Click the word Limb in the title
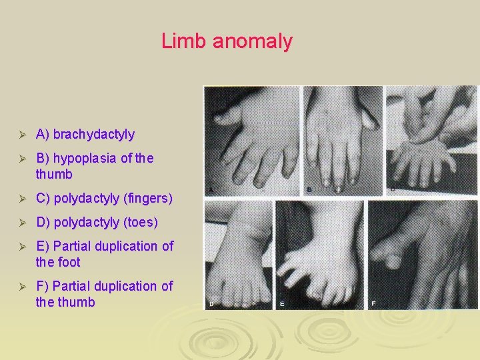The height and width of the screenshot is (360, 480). [x=184, y=41]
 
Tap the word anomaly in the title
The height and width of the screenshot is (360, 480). [x=252, y=42]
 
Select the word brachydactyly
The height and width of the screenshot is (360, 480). [x=94, y=135]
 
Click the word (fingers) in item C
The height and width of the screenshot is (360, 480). [x=147, y=198]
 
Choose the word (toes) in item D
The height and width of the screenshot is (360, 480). [x=137, y=222]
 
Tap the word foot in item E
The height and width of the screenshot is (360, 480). [x=69, y=262]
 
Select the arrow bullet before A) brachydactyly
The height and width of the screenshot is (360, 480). [x=21, y=135]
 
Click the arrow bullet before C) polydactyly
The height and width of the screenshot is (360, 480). [x=21, y=199]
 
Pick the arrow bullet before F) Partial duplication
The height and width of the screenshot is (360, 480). [x=21, y=287]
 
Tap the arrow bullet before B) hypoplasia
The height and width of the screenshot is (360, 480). [x=21, y=159]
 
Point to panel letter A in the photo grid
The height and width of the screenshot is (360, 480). [x=211, y=189]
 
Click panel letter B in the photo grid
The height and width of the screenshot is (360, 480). [x=309, y=189]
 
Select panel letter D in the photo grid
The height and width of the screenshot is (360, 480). [x=211, y=303]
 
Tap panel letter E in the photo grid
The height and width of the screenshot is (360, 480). [x=282, y=304]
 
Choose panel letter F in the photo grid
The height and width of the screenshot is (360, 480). [x=373, y=304]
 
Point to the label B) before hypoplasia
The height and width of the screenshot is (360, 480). [x=43, y=158]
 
